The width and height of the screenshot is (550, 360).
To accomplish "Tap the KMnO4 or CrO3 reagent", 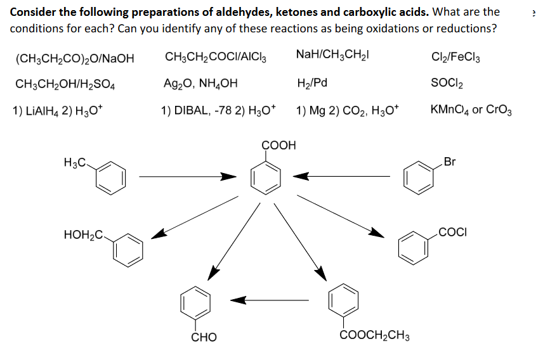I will [471, 109].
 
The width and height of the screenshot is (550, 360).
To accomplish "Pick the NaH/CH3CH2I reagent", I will [333, 55].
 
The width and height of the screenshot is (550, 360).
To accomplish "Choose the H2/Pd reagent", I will [312, 83].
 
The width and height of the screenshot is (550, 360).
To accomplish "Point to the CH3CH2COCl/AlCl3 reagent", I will [215, 57].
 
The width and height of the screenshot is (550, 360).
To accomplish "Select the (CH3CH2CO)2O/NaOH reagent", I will [75, 59].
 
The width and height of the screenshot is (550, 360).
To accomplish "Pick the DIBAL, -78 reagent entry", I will [218, 109].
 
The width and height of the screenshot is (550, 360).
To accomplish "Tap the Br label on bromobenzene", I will [450, 162].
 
